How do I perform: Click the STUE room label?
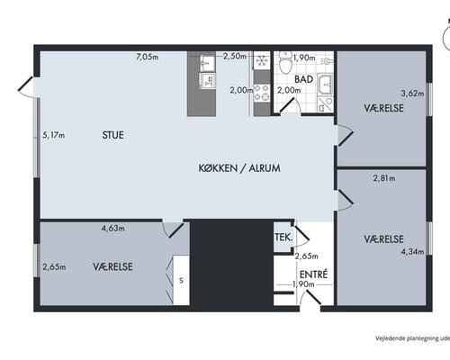point(112,135)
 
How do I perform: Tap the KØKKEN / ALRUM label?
point(239,168)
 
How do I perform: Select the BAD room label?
point(303,79)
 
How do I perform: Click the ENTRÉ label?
point(313,274)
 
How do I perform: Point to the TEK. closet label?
point(283,238)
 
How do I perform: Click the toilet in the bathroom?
point(285,61)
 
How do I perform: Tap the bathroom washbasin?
point(325,85)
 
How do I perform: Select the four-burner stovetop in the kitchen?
point(262,93)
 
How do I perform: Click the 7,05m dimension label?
point(147,57)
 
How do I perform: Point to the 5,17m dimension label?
point(53,135)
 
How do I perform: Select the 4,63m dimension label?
point(112,229)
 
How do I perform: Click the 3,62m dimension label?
point(412,94)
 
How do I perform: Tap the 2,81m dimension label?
point(384,178)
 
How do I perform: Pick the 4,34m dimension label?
point(412,251)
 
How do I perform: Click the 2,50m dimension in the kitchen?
point(235,56)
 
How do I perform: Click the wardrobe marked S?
point(181,280)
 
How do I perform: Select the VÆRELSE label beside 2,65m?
point(112,266)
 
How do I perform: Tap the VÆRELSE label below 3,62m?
point(383,108)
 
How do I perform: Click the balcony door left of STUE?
point(26,87)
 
